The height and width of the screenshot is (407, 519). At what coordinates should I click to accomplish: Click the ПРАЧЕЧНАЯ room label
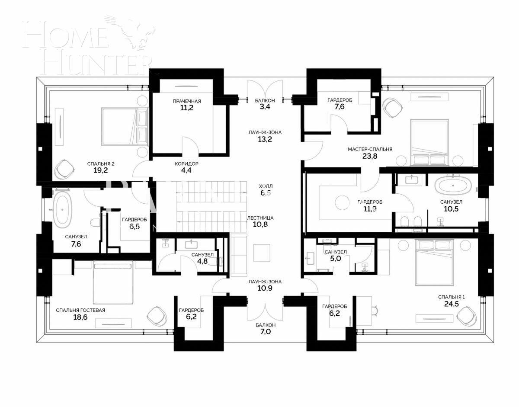coord(186,101)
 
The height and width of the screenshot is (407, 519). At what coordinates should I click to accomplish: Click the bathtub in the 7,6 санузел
coord(63,209)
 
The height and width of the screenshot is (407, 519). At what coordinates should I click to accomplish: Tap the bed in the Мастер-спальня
coord(433,143)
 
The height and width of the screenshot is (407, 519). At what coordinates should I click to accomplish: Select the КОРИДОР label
coord(186,164)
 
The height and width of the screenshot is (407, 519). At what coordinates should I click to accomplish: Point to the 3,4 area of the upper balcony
coord(265,108)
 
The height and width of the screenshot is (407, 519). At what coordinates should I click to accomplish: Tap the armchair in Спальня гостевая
coord(156,316)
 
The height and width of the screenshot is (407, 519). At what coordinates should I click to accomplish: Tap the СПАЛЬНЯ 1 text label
coord(451,297)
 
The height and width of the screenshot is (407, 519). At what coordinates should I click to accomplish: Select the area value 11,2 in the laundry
coord(186,108)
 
